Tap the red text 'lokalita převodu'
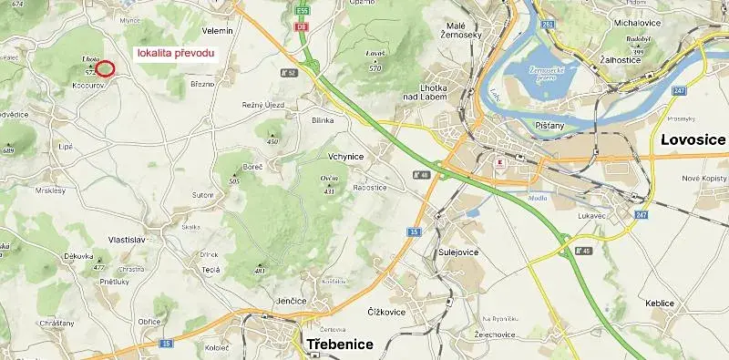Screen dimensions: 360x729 click(176, 53)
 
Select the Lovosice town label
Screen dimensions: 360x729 click(693, 139)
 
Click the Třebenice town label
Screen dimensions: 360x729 click(340, 344)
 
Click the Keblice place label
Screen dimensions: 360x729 click(659, 303)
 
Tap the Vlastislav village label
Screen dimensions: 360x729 click(128, 239)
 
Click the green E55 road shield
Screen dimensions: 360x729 click(303, 12)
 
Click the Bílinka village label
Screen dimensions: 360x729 click(323, 119)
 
